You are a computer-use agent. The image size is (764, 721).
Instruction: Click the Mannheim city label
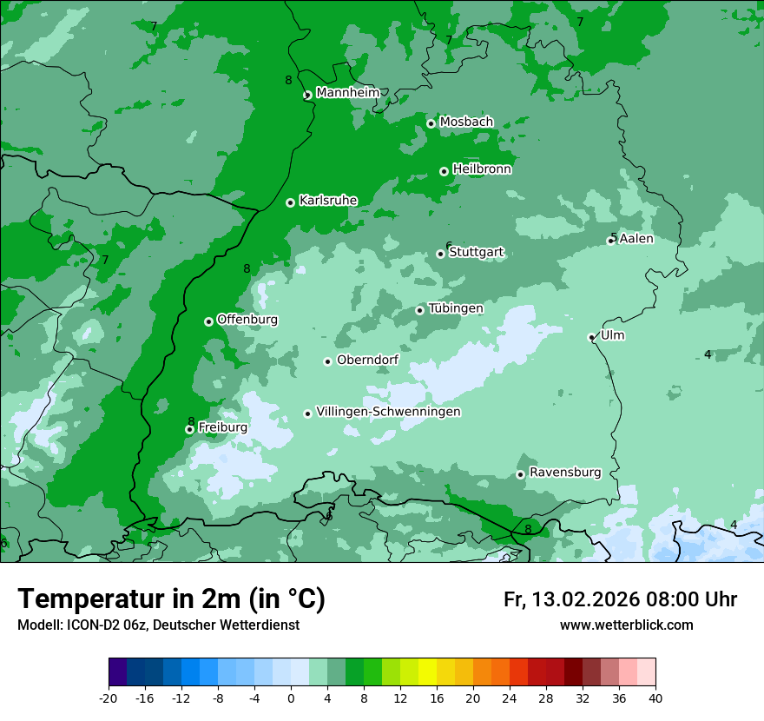[348, 93]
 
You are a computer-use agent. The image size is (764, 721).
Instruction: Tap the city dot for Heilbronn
[444, 171]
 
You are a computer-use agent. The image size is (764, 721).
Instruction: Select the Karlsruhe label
[328, 201]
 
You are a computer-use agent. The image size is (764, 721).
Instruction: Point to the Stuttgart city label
[476, 253]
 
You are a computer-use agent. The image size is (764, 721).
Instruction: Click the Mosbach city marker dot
[431, 123]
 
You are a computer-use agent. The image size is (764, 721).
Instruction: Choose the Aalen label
[636, 239]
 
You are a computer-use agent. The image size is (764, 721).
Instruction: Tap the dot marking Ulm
[591, 337]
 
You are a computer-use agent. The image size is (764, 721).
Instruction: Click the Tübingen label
[455, 308]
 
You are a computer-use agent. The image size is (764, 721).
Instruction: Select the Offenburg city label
[247, 320]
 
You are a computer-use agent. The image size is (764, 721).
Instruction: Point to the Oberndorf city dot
[327, 361]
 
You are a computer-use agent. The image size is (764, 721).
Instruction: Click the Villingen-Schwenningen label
[388, 412]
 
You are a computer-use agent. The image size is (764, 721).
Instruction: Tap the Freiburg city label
[222, 427]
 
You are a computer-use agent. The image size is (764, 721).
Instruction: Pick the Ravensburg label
[564, 473]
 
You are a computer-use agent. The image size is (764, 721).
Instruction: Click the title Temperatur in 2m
[171, 599]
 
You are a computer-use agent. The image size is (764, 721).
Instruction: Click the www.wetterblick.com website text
[626, 625]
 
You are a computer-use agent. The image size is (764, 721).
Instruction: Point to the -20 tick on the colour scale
[109, 698]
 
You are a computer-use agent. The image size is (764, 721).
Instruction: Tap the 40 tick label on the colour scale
[655, 698]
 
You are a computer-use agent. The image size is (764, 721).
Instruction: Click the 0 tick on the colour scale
[291, 698]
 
